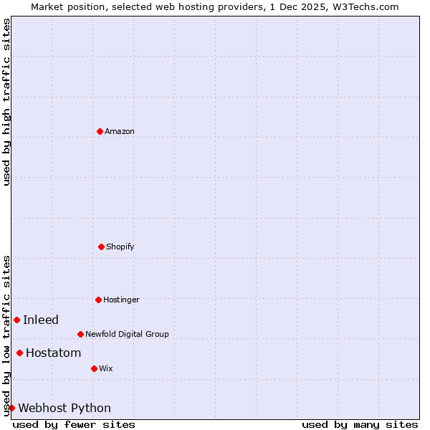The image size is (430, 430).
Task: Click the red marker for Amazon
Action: (100, 131)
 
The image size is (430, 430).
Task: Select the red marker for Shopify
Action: (101, 247)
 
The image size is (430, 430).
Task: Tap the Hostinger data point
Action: (98, 300)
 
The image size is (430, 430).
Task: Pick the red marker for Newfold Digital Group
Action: (80, 334)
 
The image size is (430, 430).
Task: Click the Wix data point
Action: (94, 368)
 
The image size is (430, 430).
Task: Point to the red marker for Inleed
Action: (16, 320)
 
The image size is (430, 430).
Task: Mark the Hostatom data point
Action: (19, 353)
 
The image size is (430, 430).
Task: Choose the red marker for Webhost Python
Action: (11, 408)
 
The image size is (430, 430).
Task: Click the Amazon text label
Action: (120, 131)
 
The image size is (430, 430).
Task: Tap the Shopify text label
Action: (120, 247)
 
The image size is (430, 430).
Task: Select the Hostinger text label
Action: (121, 300)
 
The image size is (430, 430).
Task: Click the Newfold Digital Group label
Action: (127, 334)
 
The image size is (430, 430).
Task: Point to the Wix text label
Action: (106, 368)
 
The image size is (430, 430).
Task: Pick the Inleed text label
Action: (41, 320)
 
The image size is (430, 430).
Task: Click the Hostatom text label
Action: (54, 353)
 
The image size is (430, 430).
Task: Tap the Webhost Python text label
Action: (64, 408)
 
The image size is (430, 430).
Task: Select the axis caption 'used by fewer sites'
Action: (74, 424)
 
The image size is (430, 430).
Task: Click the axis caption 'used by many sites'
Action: (360, 424)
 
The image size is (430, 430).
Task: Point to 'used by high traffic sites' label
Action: (6, 102)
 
